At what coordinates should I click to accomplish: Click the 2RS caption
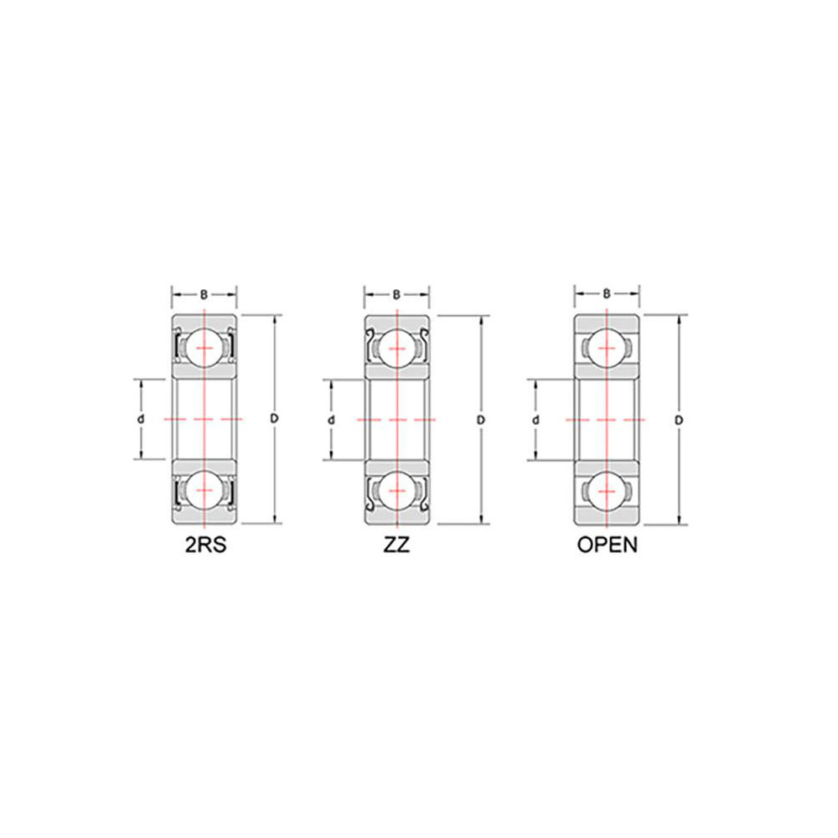click(205, 546)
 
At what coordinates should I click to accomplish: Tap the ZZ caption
click(396, 546)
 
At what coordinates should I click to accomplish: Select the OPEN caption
click(608, 546)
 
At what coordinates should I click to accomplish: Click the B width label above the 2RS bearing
click(204, 295)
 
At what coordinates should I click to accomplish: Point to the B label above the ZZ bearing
click(396, 295)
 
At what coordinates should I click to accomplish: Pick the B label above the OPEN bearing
click(607, 295)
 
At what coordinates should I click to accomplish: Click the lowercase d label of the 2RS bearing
click(140, 418)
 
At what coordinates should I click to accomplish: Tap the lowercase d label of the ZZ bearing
click(331, 419)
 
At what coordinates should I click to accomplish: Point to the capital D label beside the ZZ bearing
click(481, 419)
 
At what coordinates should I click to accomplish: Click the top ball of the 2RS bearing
click(204, 347)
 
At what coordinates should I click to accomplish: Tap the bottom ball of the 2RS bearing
click(204, 490)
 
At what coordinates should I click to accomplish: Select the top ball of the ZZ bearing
click(396, 347)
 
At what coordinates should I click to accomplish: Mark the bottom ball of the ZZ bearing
click(396, 490)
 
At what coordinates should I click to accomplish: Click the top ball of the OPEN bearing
click(607, 347)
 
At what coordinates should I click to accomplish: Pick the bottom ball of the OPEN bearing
click(607, 490)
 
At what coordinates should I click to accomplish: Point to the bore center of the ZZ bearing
click(396, 418)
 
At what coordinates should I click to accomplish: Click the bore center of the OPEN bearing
click(607, 418)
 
